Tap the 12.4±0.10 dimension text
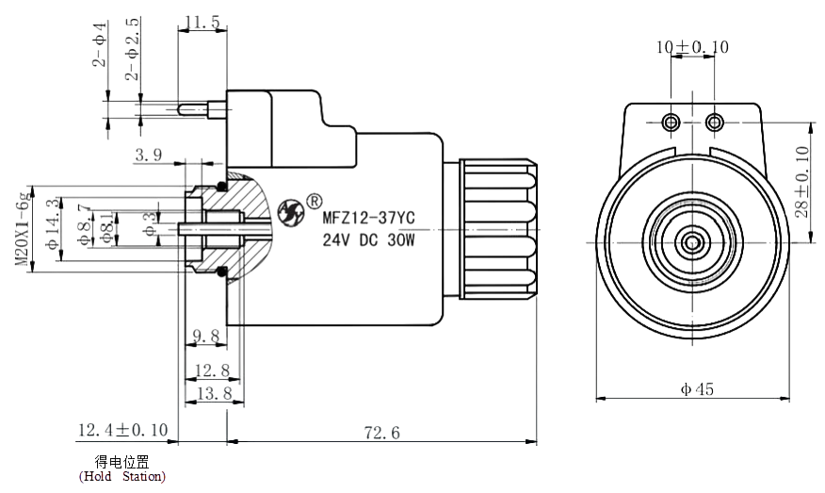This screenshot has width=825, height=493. pyautogui.click(x=122, y=431)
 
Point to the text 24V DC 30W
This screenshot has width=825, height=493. pyautogui.click(x=368, y=240)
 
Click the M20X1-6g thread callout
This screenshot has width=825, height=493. pyautogui.click(x=21, y=228)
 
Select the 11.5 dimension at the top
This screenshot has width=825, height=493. pyautogui.click(x=202, y=22)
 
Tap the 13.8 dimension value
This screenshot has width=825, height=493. pyautogui.click(x=213, y=394)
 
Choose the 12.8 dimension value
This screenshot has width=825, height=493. pyautogui.click(x=212, y=370)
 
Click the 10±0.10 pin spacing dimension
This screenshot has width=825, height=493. pyautogui.click(x=692, y=46)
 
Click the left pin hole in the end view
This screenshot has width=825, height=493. pyautogui.click(x=671, y=122)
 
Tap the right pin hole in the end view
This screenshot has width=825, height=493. pyautogui.click(x=714, y=122)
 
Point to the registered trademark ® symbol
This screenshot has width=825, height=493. pyautogui.click(x=315, y=200)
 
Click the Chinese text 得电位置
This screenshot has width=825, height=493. pyautogui.click(x=122, y=461)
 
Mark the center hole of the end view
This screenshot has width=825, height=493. pyautogui.click(x=692, y=242)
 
